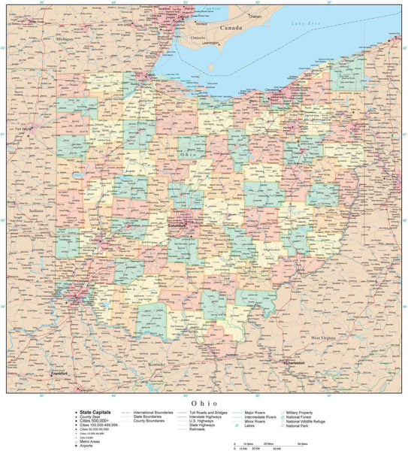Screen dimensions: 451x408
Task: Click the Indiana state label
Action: pos(36,211)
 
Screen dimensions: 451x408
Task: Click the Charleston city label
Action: pos(295,363)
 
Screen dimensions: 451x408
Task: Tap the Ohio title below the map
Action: pos(204,403)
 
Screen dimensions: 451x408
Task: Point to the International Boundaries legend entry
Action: pos(153,412)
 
